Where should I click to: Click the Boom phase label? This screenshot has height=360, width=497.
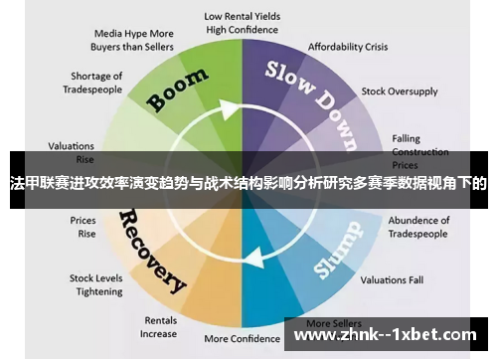(179, 90)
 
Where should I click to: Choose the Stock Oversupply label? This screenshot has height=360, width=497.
(399, 91)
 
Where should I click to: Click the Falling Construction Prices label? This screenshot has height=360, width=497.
(418, 150)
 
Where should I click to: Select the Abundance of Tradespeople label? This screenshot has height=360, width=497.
(418, 227)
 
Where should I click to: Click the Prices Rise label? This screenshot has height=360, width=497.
(83, 227)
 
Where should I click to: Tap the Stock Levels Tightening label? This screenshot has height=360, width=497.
(95, 285)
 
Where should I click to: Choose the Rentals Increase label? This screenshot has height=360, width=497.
(160, 327)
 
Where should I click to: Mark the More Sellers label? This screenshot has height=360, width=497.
(332, 323)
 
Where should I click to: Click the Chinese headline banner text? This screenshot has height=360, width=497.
(248, 183)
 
